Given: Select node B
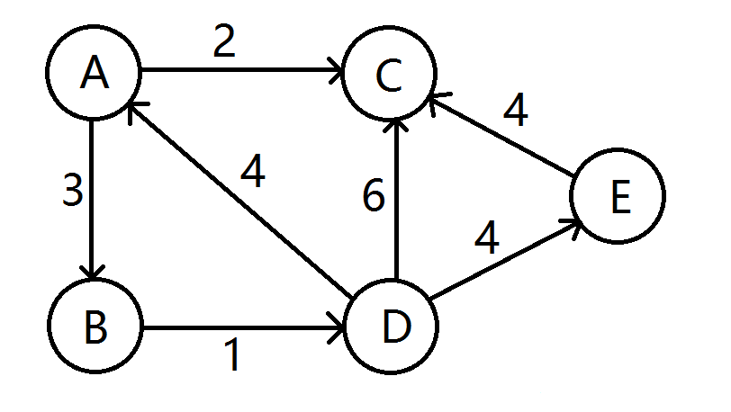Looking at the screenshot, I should pyautogui.click(x=95, y=327).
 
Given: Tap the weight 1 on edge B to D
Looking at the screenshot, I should pyautogui.click(x=232, y=356).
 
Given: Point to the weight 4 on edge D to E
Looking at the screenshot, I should pyautogui.click(x=487, y=237).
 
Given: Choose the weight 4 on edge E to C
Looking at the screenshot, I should pyautogui.click(x=515, y=110).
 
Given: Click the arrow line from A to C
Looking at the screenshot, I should pyautogui.click(x=239, y=69).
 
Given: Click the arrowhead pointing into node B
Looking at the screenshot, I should pyautogui.click(x=94, y=273).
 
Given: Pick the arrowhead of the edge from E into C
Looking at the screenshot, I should pyautogui.click(x=437, y=98).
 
